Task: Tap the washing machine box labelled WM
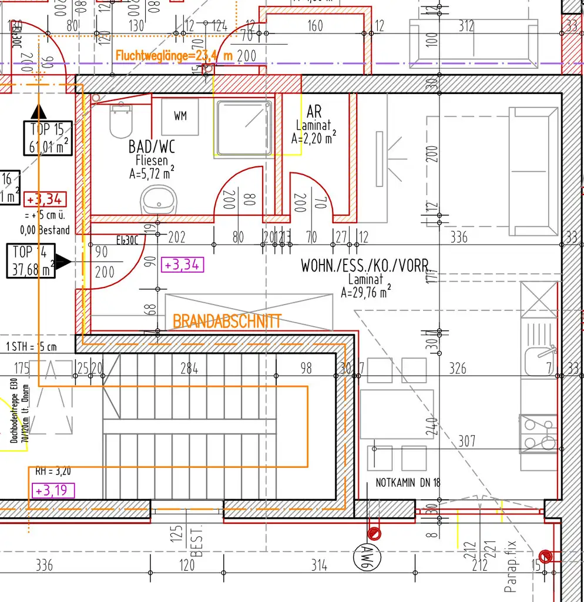180,116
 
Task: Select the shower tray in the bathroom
244,127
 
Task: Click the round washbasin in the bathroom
157,200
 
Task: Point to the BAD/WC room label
152,146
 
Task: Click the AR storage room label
314,112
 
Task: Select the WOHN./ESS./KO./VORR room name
364,265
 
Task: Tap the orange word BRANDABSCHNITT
227,321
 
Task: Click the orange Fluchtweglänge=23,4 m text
174,56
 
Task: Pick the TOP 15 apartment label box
48,138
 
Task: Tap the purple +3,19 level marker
52,490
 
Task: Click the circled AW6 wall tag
368,555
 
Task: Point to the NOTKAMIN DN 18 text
408,483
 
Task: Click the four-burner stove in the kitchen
538,434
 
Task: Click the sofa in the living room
532,171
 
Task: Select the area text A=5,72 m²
152,173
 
